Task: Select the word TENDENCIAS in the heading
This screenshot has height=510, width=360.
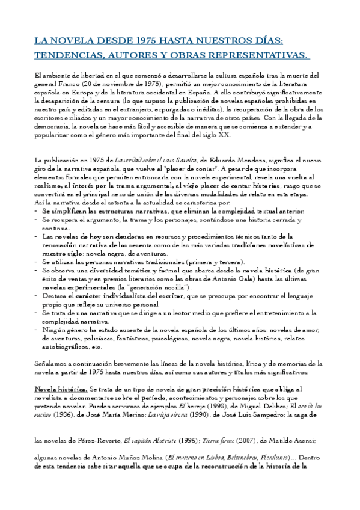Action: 64,55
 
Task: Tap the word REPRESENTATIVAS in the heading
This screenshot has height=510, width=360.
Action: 260,55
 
